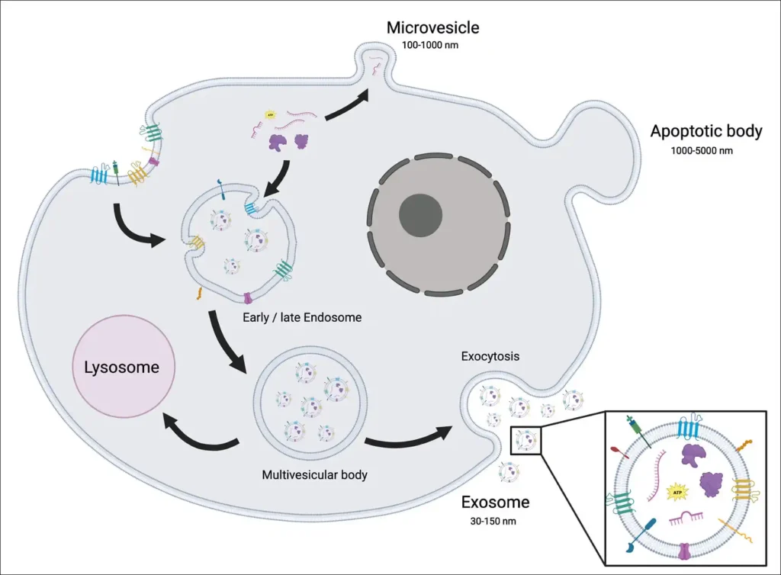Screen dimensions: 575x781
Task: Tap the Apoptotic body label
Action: pos(705,131)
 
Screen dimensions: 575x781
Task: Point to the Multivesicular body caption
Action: pos(314,474)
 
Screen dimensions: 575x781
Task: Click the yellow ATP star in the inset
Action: pos(675,494)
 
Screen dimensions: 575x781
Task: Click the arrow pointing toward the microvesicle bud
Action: pos(347,106)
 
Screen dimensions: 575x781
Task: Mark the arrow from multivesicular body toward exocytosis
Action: pos(408,438)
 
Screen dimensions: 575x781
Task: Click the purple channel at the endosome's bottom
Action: pos(249,299)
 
